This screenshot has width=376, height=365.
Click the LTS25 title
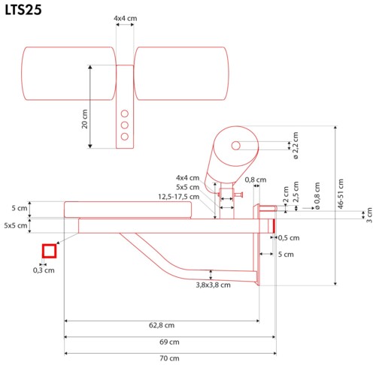(23, 10)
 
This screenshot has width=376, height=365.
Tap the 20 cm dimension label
(85, 119)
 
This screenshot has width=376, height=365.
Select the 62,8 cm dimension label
(162, 325)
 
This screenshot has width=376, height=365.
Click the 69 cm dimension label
(169, 342)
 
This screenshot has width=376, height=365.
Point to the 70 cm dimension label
(169, 358)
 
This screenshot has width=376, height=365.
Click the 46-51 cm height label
(341, 194)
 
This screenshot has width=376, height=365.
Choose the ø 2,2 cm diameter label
(296, 146)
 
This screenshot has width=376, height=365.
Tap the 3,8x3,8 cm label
(214, 285)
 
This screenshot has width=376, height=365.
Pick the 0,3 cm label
(44, 270)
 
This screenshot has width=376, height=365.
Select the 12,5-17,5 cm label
(179, 197)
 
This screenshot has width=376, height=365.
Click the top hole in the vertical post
(125, 113)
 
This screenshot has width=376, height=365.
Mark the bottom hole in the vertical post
(125, 137)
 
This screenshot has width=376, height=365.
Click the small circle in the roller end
(235, 146)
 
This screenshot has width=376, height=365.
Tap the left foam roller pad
(68, 74)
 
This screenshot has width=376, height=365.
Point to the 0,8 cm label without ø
(256, 179)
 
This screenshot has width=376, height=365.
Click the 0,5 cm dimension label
(289, 238)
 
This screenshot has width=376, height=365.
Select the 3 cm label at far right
(370, 216)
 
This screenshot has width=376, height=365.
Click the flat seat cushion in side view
(128, 210)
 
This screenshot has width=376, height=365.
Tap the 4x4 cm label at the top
(126, 18)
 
